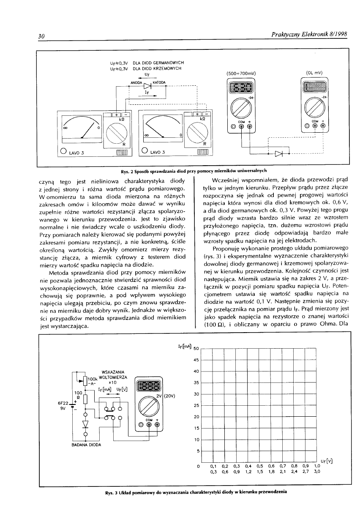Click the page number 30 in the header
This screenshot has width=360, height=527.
point(41,37)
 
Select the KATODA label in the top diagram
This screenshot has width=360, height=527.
point(160,82)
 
